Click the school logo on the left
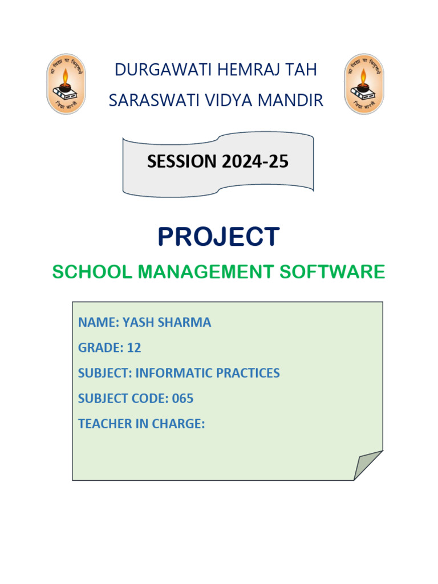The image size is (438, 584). pyautogui.click(x=66, y=84)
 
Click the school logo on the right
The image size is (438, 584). pyautogui.click(x=364, y=84)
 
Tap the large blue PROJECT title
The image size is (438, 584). pyautogui.click(x=218, y=237)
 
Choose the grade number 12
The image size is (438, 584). pyautogui.click(x=134, y=347)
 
